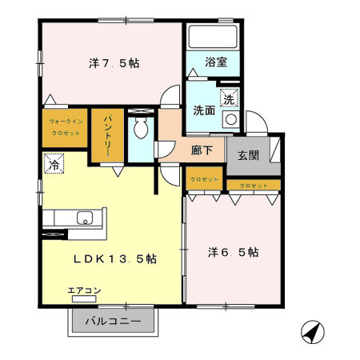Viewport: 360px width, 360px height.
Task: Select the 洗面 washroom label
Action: click(x=203, y=111)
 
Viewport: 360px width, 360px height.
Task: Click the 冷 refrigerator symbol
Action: click(x=54, y=166)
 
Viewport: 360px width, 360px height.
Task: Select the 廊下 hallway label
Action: click(x=201, y=149)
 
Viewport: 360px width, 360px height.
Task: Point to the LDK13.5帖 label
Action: click(x=115, y=259)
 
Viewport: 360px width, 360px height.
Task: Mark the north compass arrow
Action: click(x=312, y=330)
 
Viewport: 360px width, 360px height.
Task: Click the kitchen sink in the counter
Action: click(x=84, y=217)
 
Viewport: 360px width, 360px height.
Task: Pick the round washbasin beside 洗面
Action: click(x=230, y=119)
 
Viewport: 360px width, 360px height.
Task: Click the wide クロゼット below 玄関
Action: click(x=253, y=186)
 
